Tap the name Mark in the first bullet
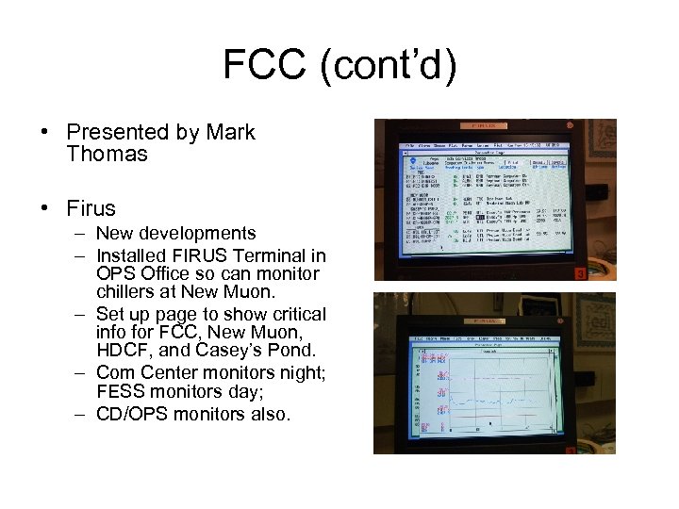[231, 132]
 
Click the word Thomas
[108, 154]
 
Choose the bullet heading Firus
[91, 207]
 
